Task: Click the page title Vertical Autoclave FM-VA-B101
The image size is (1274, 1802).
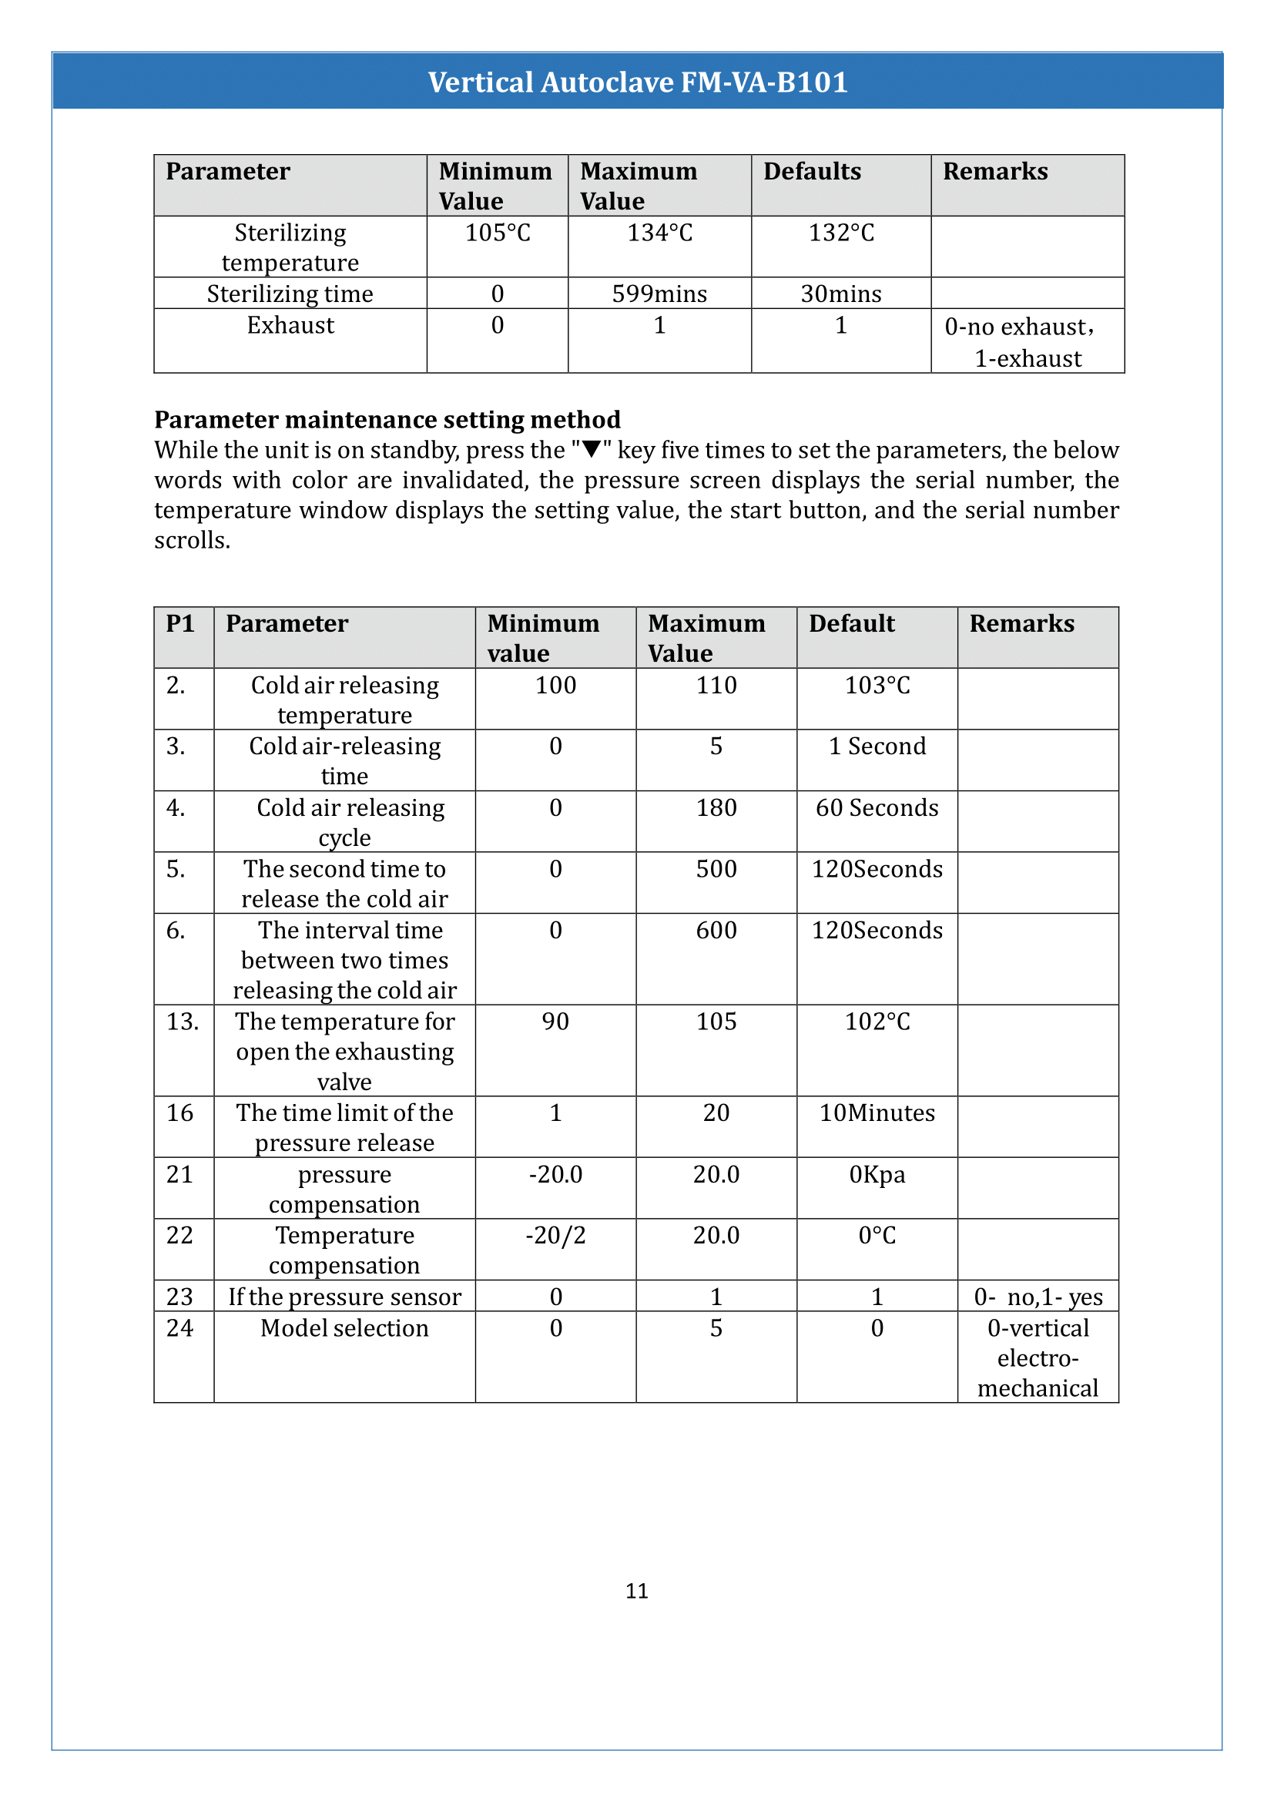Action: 637,82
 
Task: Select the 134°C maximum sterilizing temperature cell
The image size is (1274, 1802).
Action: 659,233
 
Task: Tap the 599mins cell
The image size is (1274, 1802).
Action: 659,294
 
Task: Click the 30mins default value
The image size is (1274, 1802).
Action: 840,294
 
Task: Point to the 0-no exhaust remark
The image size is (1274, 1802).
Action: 1019,327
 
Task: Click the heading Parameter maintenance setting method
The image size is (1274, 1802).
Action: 387,420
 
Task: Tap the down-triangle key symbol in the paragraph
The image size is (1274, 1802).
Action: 592,450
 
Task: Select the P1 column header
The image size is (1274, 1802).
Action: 179,624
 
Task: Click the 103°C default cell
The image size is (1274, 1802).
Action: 877,686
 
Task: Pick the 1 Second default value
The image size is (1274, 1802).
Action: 877,747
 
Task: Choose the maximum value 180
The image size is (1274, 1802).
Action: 716,808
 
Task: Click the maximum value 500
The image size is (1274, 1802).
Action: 716,870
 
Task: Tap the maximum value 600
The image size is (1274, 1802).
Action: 716,931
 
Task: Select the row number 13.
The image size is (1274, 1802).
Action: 182,1022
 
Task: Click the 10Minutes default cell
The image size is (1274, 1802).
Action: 877,1114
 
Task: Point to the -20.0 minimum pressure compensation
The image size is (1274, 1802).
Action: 555,1175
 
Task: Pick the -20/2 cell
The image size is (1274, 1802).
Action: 555,1236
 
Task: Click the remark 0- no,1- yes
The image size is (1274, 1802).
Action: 1037,1297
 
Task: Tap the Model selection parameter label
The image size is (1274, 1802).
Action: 344,1329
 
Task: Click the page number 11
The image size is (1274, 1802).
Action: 636,1591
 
